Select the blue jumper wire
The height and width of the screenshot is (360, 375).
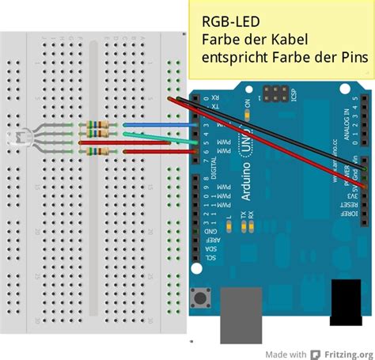[158, 125]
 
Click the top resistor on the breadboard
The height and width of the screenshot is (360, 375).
[98, 124]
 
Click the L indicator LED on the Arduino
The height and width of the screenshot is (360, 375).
[229, 227]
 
